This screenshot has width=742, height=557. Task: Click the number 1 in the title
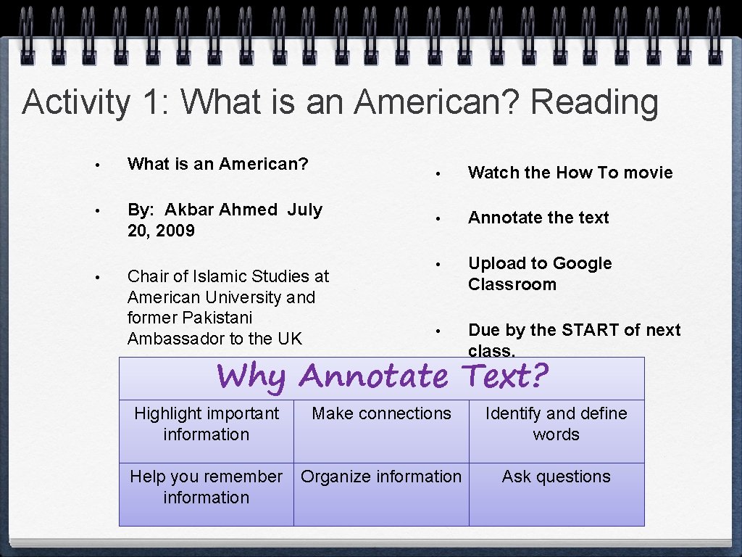pos(151,102)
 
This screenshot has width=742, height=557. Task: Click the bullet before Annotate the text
pos(438,218)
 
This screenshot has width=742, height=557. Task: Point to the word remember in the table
pos(243,476)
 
